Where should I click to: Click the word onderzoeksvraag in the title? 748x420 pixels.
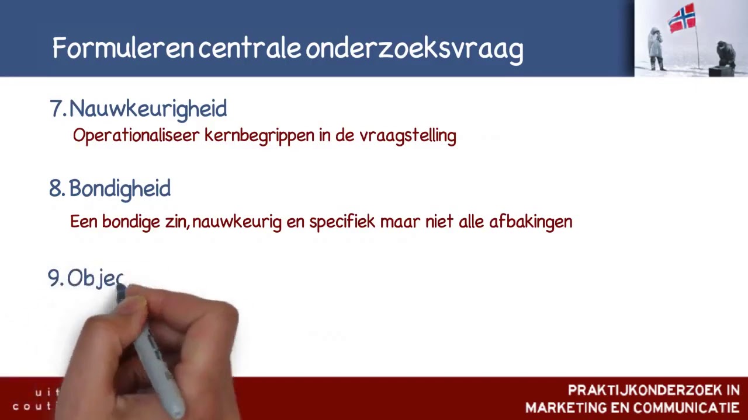tap(414, 49)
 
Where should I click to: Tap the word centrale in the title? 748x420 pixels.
tap(250, 48)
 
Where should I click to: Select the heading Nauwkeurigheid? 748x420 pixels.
tap(148, 108)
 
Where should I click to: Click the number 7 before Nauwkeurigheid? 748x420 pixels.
tap(56, 108)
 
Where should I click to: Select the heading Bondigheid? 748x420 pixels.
tap(120, 189)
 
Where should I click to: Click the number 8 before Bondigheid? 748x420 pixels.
tap(56, 188)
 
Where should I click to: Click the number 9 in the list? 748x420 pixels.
tap(54, 278)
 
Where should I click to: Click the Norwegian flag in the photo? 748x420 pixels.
tap(682, 18)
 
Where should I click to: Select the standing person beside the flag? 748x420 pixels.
tap(656, 48)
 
